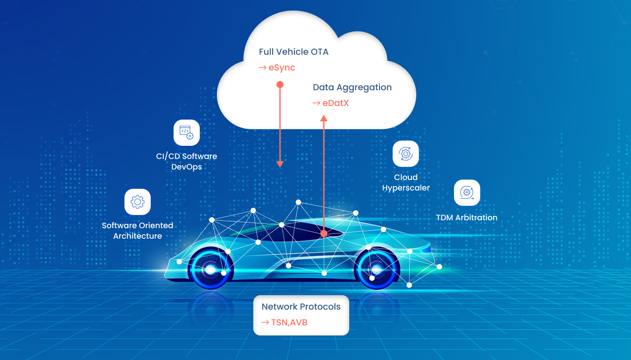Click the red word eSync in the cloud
tap(282, 68)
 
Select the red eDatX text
tap(336, 103)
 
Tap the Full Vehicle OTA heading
tap(294, 52)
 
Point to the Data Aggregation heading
tap(352, 88)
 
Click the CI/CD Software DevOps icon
tap(187, 133)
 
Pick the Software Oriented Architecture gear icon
tap(138, 202)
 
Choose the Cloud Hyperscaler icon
tap(406, 154)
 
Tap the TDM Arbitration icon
tap(467, 193)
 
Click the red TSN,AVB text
tap(289, 323)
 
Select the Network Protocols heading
tap(301, 307)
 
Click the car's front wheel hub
tap(377, 269)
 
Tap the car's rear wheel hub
tap(210, 270)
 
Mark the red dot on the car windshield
tap(324, 233)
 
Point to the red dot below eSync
tap(280, 85)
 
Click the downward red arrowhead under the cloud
tap(280, 164)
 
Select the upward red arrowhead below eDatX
tap(324, 118)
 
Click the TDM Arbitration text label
tap(467, 218)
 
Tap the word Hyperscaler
tap(406, 188)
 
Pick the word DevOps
tap(187, 167)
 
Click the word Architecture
tap(138, 236)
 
